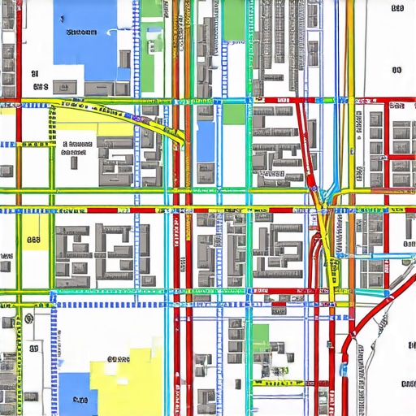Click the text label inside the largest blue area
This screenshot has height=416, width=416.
80,32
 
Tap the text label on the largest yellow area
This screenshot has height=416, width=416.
119,358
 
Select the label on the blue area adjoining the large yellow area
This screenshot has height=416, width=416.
79,399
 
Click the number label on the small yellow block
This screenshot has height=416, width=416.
33,240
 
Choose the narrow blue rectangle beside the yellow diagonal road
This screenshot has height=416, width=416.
206,140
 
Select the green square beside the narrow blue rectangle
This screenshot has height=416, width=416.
234,113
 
